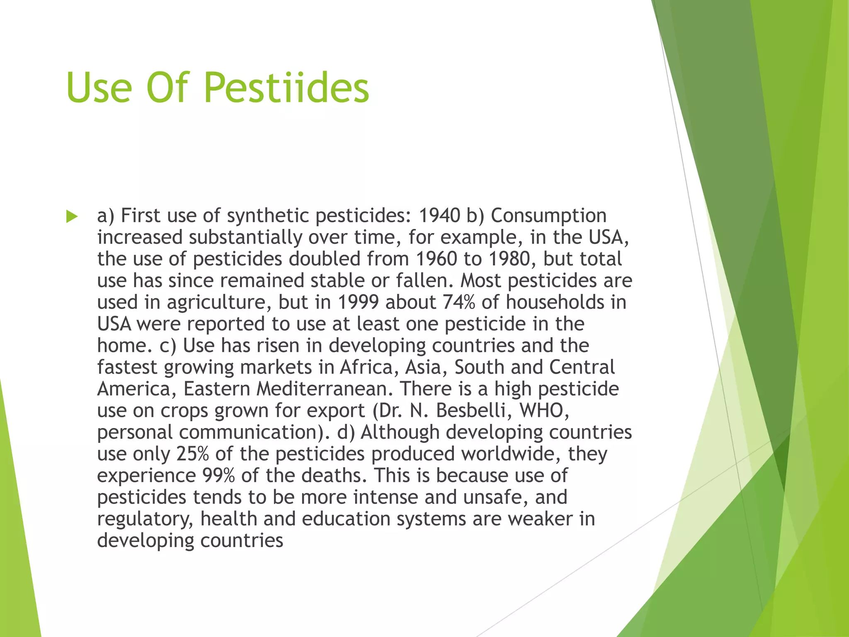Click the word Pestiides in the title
coord(286,88)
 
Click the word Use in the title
coord(99,88)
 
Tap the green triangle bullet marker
coord(72,216)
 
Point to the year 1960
coord(436,259)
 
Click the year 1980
coord(509,259)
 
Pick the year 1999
coord(358,302)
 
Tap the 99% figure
coord(218,476)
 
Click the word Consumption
coord(548,216)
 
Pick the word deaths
coord(334,476)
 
